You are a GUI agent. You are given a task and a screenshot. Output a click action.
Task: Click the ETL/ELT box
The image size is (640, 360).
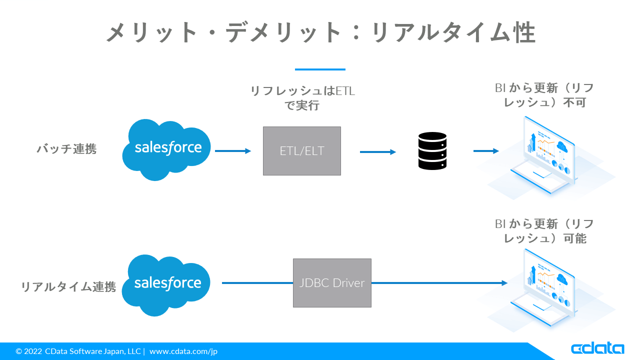(x=302, y=150)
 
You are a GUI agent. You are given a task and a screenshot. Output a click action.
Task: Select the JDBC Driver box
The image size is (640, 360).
(x=332, y=283)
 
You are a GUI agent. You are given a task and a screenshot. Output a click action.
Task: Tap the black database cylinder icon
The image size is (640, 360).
(x=432, y=150)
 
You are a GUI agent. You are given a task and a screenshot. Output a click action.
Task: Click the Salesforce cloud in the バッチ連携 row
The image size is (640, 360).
(x=167, y=149)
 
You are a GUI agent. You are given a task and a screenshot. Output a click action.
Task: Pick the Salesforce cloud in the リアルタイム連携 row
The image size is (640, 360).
(x=167, y=284)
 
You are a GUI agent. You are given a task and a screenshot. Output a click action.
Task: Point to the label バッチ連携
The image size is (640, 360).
(x=66, y=149)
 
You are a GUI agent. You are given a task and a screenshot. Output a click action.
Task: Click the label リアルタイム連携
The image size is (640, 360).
(x=68, y=287)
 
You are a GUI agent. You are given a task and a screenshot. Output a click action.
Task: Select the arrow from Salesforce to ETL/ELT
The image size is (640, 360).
(x=233, y=151)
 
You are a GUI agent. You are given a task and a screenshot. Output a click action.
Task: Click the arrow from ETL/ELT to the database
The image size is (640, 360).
(x=378, y=151)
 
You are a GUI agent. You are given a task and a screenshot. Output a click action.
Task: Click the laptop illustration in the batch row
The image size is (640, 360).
(x=547, y=155)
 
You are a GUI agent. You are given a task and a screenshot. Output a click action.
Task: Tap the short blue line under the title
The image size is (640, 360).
(x=320, y=69)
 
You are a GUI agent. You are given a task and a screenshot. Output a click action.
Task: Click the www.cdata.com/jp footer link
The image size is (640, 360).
(x=183, y=351)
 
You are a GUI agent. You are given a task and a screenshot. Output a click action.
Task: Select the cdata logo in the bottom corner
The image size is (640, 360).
(x=597, y=348)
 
